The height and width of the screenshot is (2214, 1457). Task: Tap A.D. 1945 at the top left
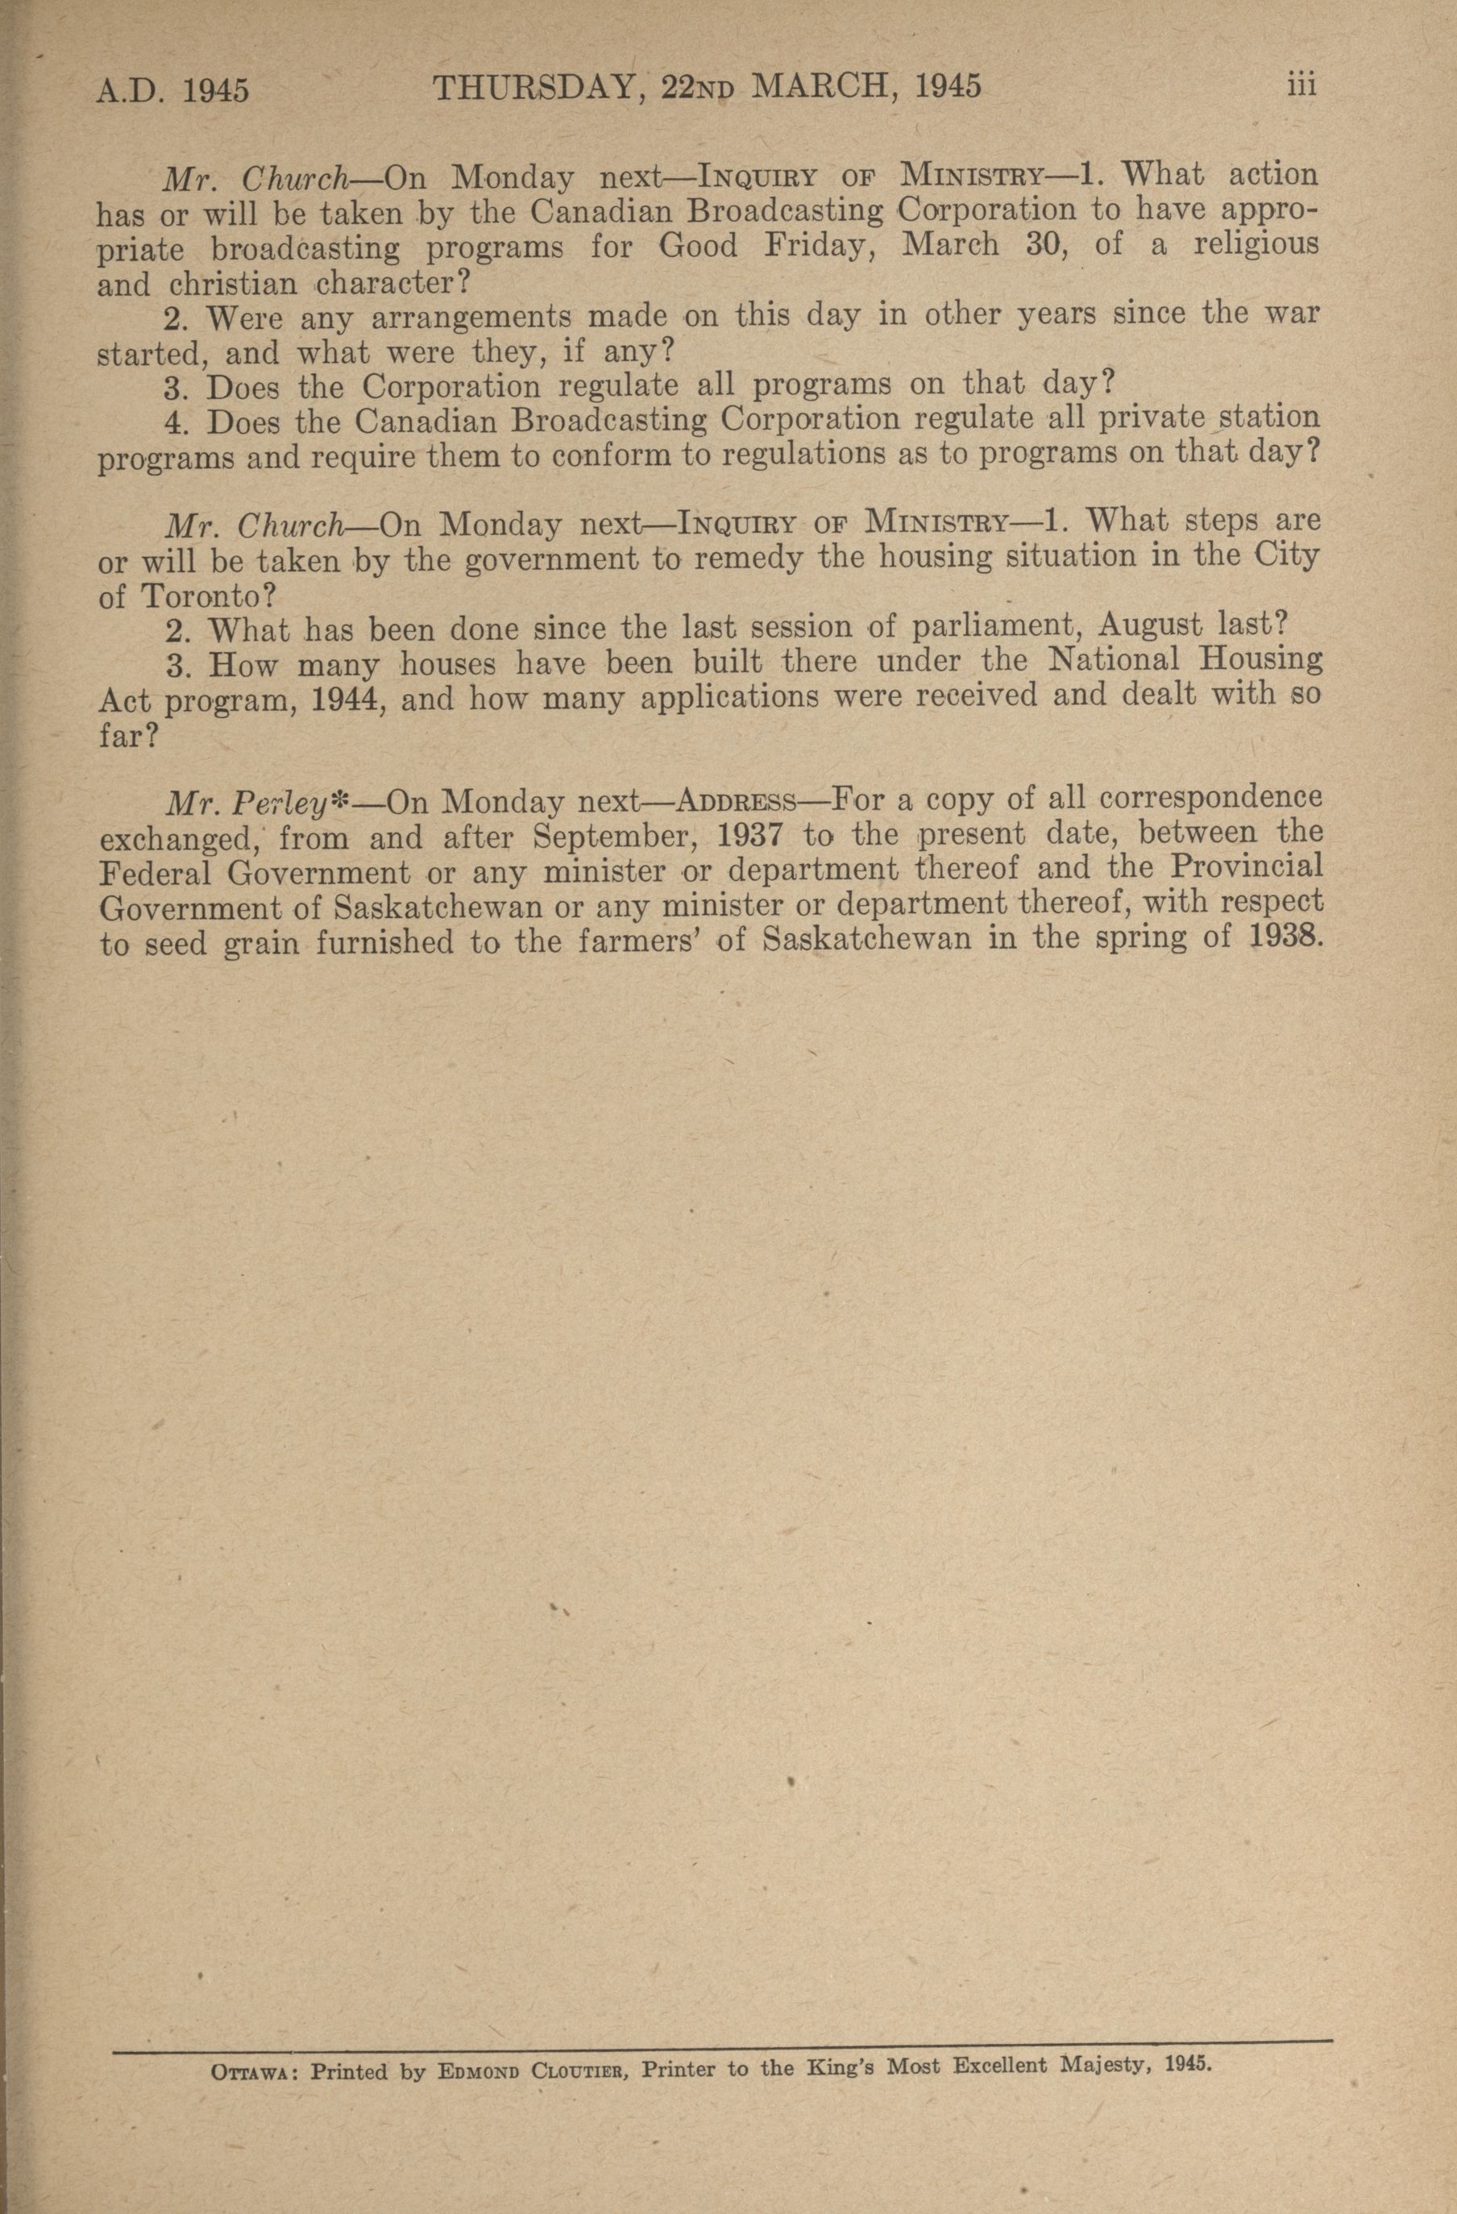click(173, 91)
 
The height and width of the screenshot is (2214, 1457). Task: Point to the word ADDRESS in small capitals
click(736, 801)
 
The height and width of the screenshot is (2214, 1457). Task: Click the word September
click(603, 837)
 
